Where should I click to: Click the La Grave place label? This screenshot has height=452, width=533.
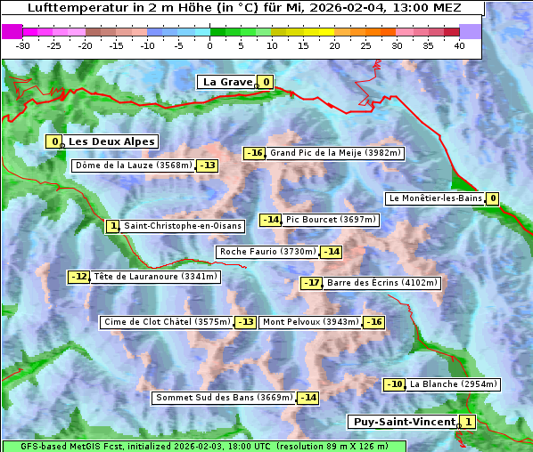[228, 82]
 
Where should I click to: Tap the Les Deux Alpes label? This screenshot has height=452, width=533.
[111, 141]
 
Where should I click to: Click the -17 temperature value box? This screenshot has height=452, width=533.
[311, 283]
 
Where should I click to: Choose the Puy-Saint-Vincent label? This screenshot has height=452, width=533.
[403, 421]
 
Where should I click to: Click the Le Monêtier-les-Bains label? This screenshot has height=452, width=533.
[435, 198]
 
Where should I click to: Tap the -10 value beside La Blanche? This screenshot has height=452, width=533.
[394, 384]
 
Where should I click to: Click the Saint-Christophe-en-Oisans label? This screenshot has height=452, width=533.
[182, 226]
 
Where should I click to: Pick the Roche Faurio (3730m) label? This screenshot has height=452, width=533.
[267, 252]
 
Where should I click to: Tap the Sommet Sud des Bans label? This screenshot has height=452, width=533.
[224, 397]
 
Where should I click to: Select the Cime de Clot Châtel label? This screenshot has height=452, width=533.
[167, 322]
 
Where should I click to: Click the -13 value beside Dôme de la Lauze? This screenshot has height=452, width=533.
[208, 165]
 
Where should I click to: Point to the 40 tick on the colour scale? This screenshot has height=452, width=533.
[459, 45]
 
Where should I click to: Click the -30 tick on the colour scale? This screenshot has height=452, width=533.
[23, 45]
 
